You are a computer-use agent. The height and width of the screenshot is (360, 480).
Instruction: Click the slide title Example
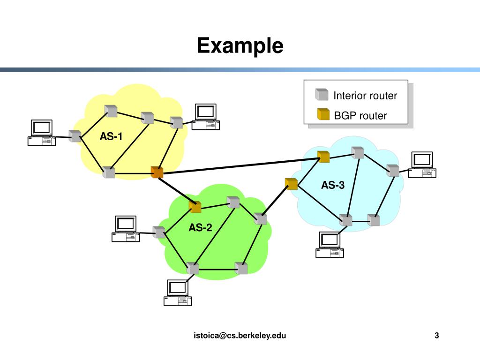(x=240, y=46)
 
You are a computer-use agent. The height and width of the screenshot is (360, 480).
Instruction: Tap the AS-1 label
(x=111, y=136)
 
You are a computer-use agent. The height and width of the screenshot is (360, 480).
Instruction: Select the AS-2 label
(x=201, y=228)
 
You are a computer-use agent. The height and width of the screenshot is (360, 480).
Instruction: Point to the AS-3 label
(x=333, y=185)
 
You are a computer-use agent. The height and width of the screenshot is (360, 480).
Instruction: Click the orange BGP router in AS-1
(x=157, y=172)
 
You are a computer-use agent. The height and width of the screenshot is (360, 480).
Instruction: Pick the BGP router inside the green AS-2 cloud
(x=195, y=206)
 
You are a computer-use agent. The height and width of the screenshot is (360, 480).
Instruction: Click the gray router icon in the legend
(x=322, y=95)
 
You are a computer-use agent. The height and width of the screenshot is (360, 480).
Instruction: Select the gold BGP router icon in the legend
(x=323, y=114)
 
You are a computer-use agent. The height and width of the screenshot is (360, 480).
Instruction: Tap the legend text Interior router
(x=365, y=96)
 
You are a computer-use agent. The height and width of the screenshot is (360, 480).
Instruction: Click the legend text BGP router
(x=360, y=115)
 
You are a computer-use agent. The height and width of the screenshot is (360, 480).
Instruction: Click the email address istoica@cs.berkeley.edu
(x=240, y=335)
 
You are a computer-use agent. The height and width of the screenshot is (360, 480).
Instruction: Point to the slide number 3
(x=437, y=335)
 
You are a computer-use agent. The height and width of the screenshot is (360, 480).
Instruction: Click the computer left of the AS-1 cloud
(x=42, y=133)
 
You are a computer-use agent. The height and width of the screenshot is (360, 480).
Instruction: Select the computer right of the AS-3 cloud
(x=422, y=165)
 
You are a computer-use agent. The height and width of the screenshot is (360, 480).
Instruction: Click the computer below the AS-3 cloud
(x=330, y=245)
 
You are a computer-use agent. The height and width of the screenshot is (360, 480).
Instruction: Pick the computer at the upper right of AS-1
(x=205, y=117)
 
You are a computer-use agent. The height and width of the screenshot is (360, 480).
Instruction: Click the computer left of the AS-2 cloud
(x=126, y=229)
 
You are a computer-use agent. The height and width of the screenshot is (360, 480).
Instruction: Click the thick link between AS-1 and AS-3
(x=239, y=166)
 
